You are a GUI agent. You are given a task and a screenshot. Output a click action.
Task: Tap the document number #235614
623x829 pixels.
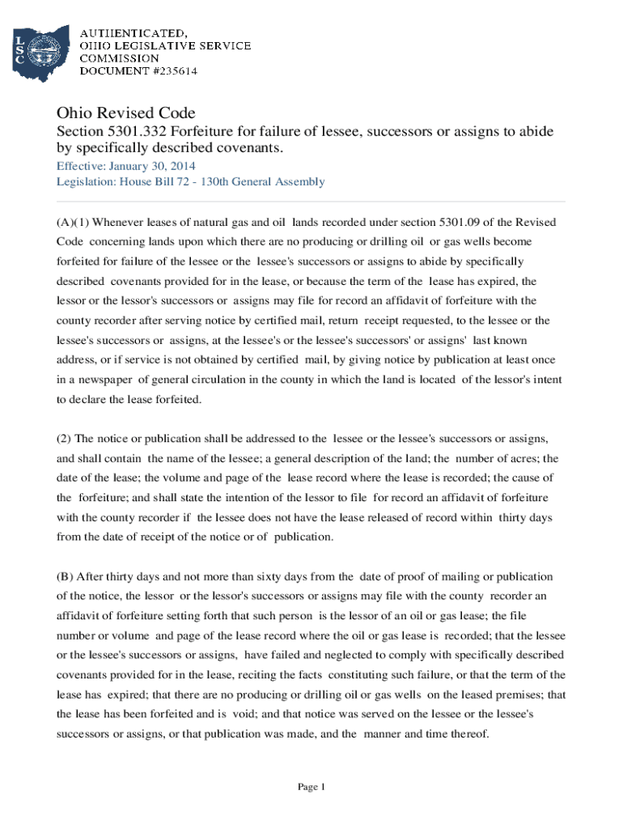tap(166, 70)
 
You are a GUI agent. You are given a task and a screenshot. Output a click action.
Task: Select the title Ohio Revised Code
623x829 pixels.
tap(125, 113)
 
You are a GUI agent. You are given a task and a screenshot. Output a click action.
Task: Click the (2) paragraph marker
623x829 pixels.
tap(64, 439)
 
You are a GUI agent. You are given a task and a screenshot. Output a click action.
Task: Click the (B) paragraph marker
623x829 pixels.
tap(65, 576)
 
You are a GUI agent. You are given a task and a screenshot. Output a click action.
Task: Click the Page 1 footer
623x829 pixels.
tap(311, 787)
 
